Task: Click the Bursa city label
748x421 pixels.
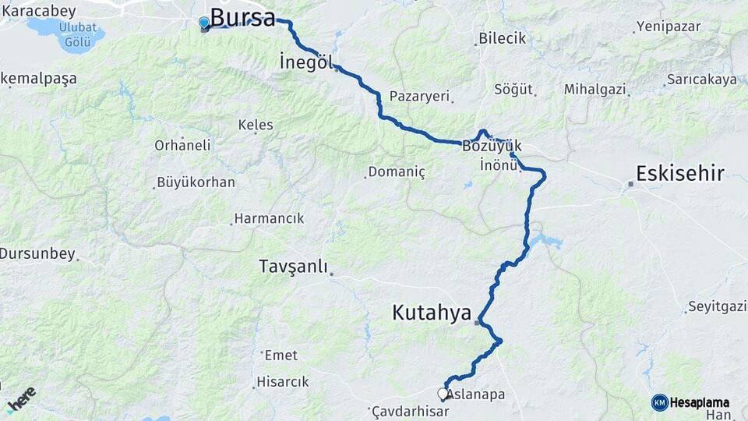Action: pyautogui.click(x=242, y=18)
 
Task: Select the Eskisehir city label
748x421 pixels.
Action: pyautogui.click(x=680, y=173)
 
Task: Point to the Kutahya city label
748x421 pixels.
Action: pyautogui.click(x=432, y=313)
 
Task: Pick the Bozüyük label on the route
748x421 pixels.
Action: pyautogui.click(x=491, y=146)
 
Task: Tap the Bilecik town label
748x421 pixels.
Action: pyautogui.click(x=503, y=38)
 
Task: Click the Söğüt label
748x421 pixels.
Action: pyautogui.click(x=514, y=89)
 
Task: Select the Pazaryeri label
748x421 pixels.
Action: pyautogui.click(x=420, y=96)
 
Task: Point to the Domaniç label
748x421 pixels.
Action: pyautogui.click(x=397, y=172)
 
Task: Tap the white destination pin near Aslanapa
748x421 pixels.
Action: pyautogui.click(x=443, y=394)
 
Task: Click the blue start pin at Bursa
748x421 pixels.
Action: pyautogui.click(x=204, y=23)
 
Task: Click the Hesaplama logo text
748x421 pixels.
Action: pyautogui.click(x=700, y=402)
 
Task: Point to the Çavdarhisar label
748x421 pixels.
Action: pyautogui.click(x=411, y=411)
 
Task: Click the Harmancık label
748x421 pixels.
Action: pyautogui.click(x=270, y=218)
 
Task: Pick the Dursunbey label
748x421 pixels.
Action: pyautogui.click(x=37, y=253)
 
